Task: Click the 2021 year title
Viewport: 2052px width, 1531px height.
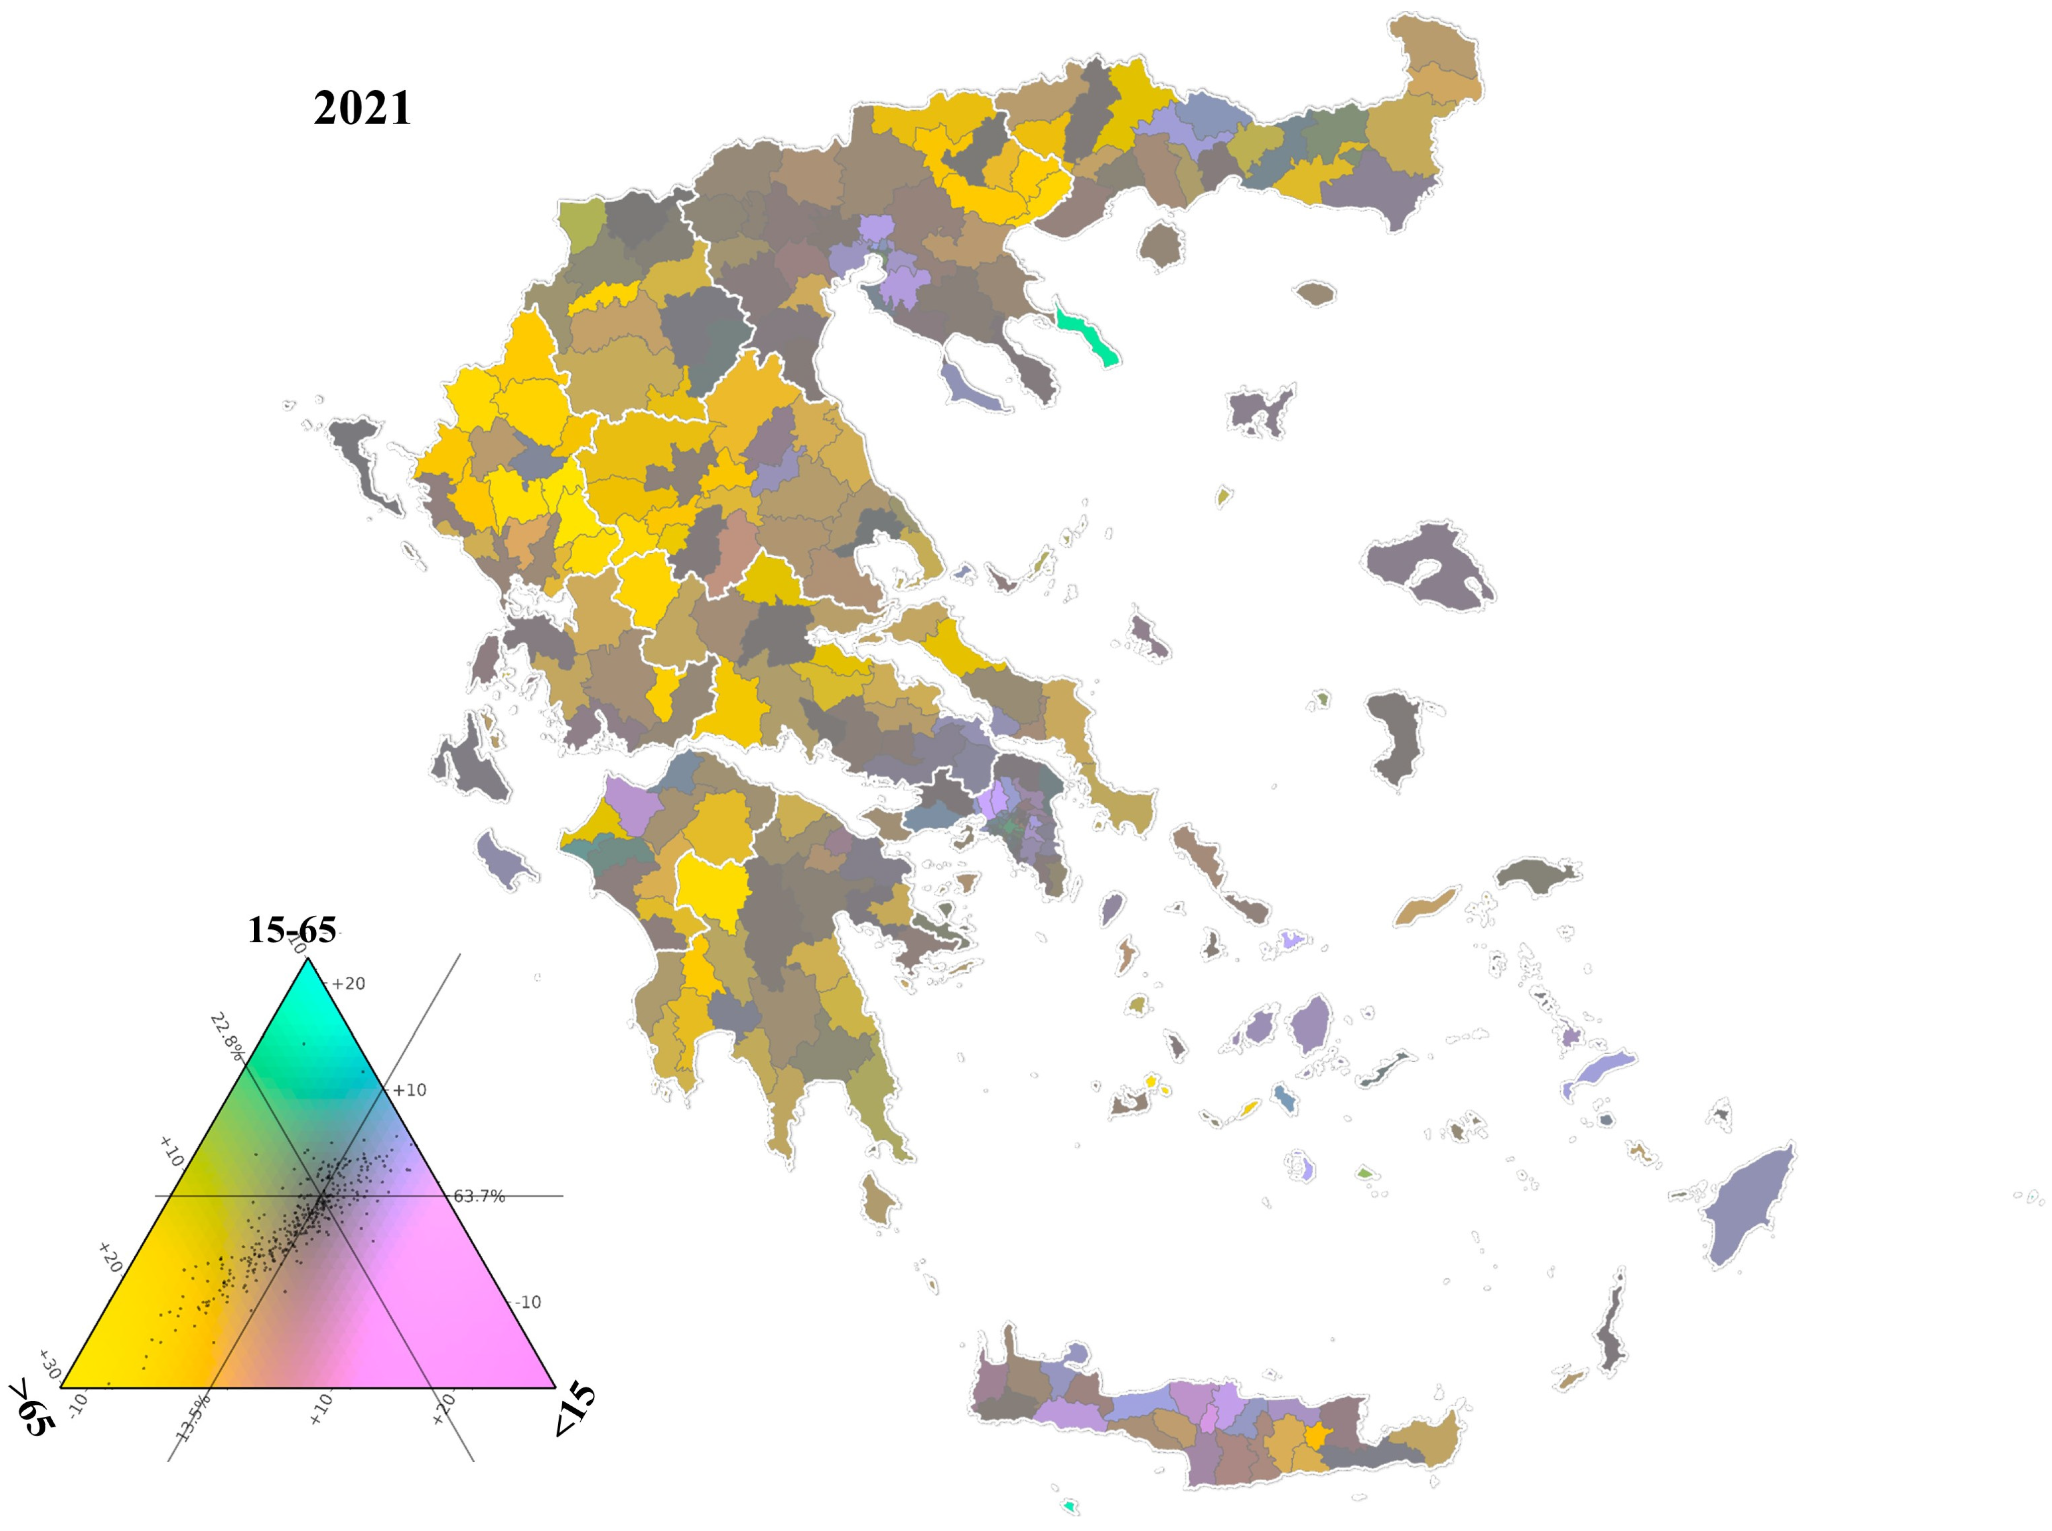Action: [x=362, y=109]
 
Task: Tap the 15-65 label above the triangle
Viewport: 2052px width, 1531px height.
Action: [x=292, y=929]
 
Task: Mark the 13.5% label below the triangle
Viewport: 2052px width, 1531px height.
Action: [x=194, y=1418]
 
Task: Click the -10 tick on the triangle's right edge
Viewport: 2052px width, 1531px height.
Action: [x=528, y=1302]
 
